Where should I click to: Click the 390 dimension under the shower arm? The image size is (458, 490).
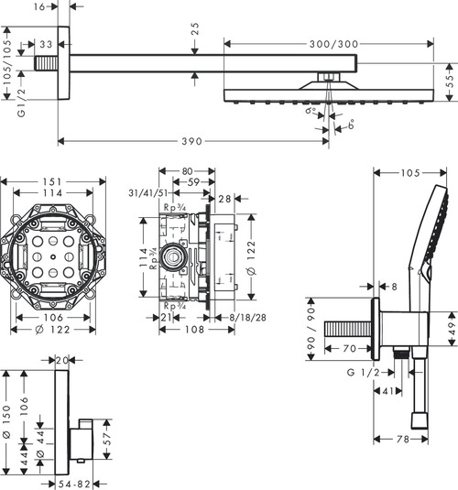[x=190, y=141]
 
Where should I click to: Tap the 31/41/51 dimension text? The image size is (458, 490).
[x=146, y=193]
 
